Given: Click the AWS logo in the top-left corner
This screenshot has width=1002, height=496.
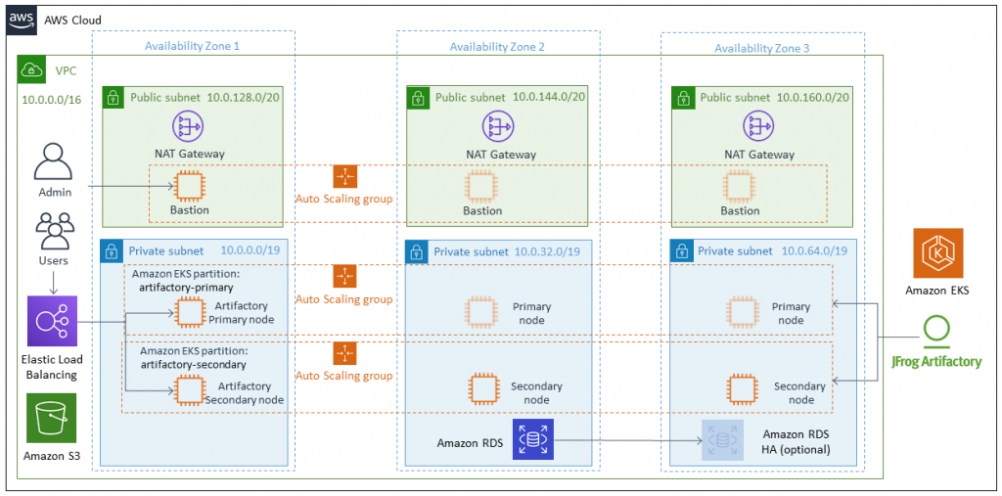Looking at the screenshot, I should pos(23,21).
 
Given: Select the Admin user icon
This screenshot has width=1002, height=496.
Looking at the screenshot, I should pos(55,162).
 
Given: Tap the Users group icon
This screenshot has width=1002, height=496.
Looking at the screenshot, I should pos(54,233).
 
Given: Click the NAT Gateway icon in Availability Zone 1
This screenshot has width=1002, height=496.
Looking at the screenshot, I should pos(188,125).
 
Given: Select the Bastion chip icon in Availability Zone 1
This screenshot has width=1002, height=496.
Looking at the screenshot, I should pos(189,185).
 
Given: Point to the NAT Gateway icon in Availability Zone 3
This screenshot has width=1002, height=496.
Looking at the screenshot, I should pos(759,125).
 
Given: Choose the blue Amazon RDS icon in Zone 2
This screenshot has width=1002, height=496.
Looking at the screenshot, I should pos(533,440).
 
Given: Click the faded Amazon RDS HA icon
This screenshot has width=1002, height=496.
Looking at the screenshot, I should pos(722,441).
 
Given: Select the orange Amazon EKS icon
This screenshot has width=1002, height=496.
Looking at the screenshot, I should pos(937,254).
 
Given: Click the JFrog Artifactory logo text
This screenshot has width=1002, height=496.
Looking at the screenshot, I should pos(936,361).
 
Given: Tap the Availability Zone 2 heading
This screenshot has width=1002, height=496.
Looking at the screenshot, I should pos(496,46).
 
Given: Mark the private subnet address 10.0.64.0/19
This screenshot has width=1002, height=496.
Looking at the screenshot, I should pos(814,251).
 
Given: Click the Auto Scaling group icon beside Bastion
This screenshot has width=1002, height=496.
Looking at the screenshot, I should pos(344,177).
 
